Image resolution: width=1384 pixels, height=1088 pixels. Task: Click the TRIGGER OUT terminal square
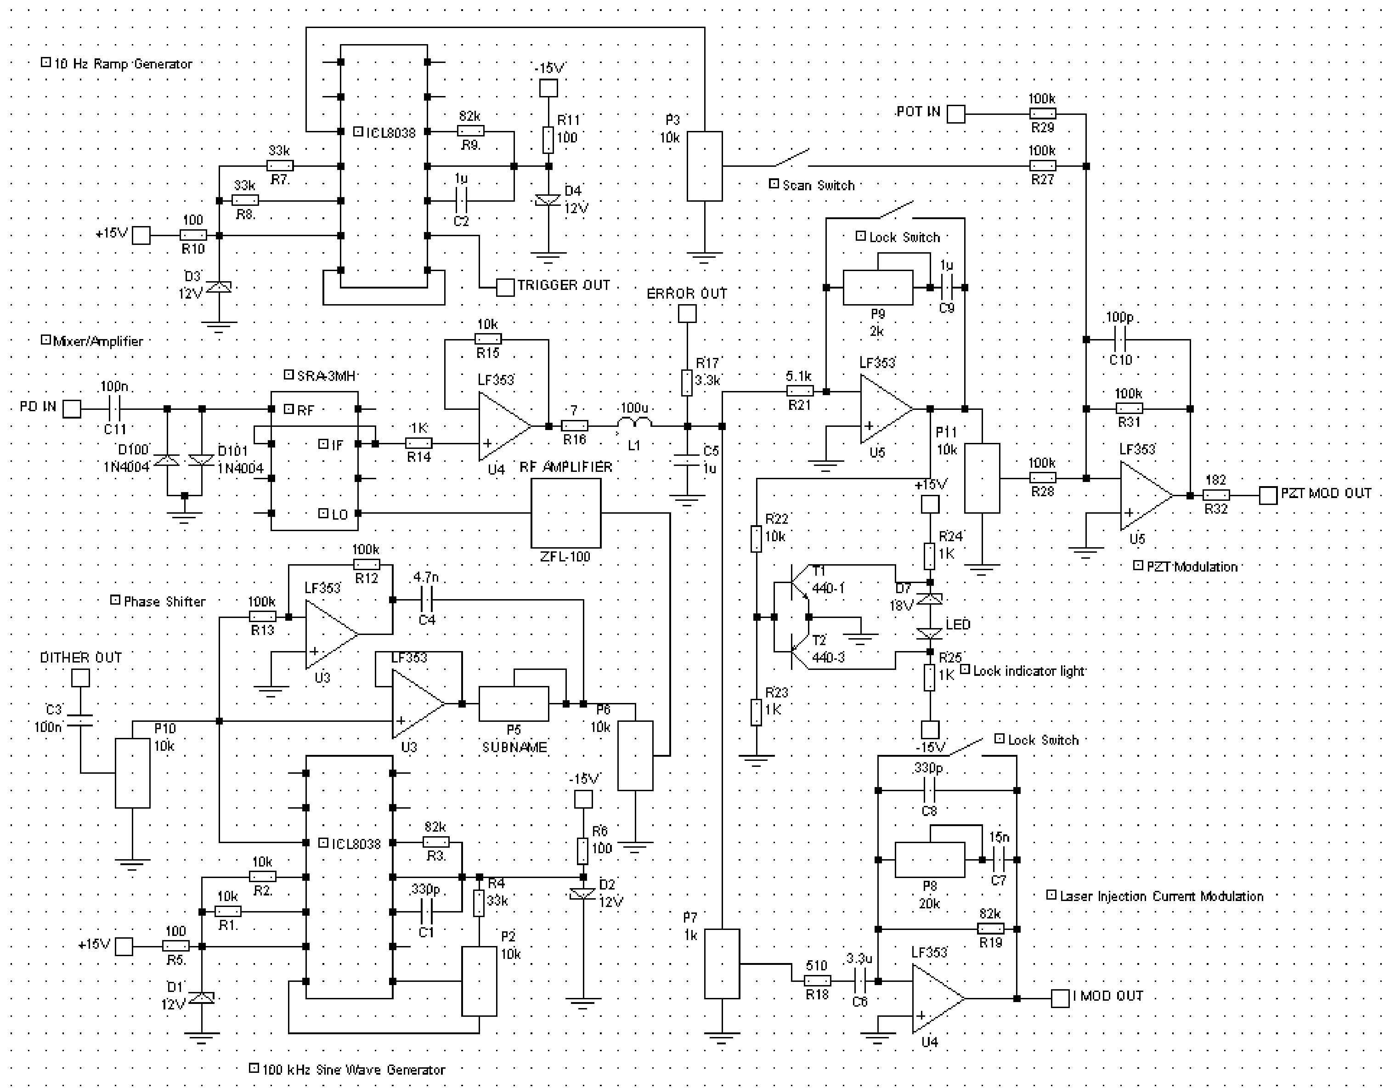[505, 287]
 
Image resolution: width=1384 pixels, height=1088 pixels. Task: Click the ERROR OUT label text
[687, 294]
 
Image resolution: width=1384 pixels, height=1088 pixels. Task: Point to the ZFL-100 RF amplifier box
[565, 513]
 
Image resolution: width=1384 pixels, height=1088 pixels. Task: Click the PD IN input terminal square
[72, 408]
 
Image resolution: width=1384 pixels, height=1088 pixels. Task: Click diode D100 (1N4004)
[168, 460]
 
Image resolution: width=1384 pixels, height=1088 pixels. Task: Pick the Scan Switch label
[818, 185]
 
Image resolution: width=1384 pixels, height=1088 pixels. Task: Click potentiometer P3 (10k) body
[705, 166]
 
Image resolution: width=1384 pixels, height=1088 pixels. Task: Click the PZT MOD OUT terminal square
[1268, 495]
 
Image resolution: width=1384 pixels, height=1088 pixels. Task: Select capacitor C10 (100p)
[1120, 340]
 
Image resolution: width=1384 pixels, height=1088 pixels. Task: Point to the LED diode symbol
[929, 634]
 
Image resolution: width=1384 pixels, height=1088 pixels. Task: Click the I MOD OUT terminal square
[1060, 998]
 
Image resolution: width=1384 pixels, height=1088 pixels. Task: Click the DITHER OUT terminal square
[80, 678]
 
